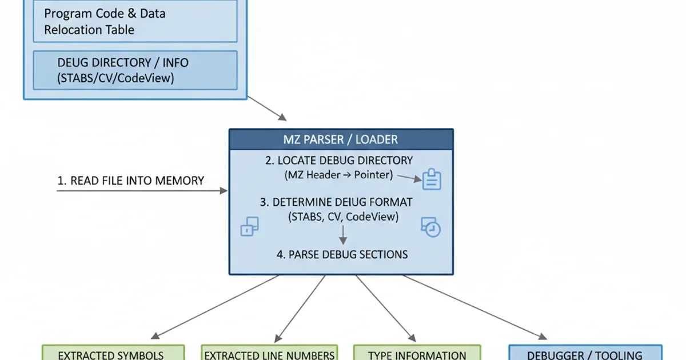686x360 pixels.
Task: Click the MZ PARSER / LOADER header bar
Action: pos(341,139)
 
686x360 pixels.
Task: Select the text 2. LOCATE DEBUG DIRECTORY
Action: pos(339,161)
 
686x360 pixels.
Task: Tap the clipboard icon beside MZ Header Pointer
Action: pos(431,179)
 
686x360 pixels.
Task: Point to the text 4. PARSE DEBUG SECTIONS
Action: pos(342,254)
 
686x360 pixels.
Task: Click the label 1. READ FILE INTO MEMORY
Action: pos(130,181)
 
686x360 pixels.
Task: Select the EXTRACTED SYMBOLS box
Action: pos(113,353)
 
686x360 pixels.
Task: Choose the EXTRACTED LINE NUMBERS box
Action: pos(269,353)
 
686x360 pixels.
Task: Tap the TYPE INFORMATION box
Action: pos(417,353)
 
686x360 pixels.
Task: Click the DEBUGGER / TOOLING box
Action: pos(585,353)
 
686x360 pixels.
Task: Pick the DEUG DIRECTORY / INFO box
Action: pos(135,70)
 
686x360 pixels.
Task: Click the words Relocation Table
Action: pos(89,30)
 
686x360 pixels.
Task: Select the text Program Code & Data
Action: pos(105,13)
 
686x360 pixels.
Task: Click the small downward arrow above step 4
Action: pos(342,235)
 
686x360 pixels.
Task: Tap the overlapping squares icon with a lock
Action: pos(249,226)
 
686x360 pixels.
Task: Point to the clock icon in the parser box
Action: pos(431,227)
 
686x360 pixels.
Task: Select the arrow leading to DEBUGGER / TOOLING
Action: pos(471,306)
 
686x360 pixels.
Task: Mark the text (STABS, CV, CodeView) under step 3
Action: pos(344,217)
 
